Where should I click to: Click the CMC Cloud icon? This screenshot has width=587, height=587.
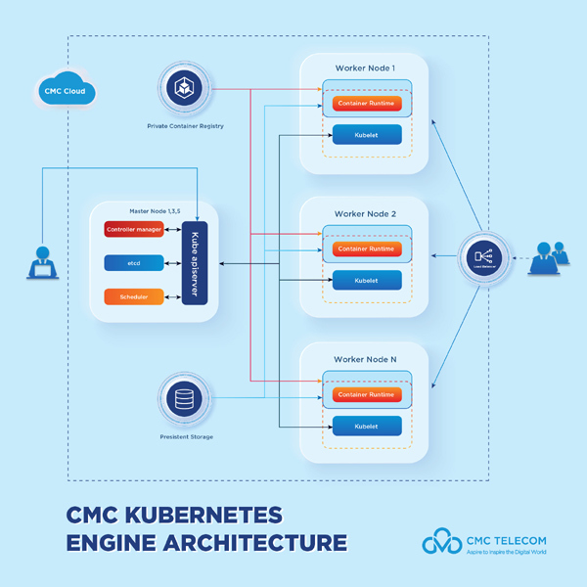pyautogui.click(x=65, y=91)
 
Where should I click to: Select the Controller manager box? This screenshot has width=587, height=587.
pyautogui.click(x=134, y=230)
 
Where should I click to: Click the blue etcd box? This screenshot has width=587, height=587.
pyautogui.click(x=134, y=263)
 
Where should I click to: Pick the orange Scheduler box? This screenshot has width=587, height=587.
pyautogui.click(x=134, y=296)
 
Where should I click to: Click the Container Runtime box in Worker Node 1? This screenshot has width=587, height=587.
pyautogui.click(x=367, y=104)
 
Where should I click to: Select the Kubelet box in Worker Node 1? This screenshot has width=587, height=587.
pyautogui.click(x=367, y=135)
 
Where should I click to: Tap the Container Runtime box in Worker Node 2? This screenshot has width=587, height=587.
pyautogui.click(x=367, y=249)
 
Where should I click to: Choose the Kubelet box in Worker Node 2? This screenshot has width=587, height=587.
pyautogui.click(x=367, y=281)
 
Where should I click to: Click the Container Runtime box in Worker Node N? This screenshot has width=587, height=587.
pyautogui.click(x=367, y=394)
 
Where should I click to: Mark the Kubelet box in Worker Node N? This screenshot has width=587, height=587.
pyautogui.click(x=367, y=427)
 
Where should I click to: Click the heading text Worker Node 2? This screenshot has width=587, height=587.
pyautogui.click(x=365, y=213)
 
